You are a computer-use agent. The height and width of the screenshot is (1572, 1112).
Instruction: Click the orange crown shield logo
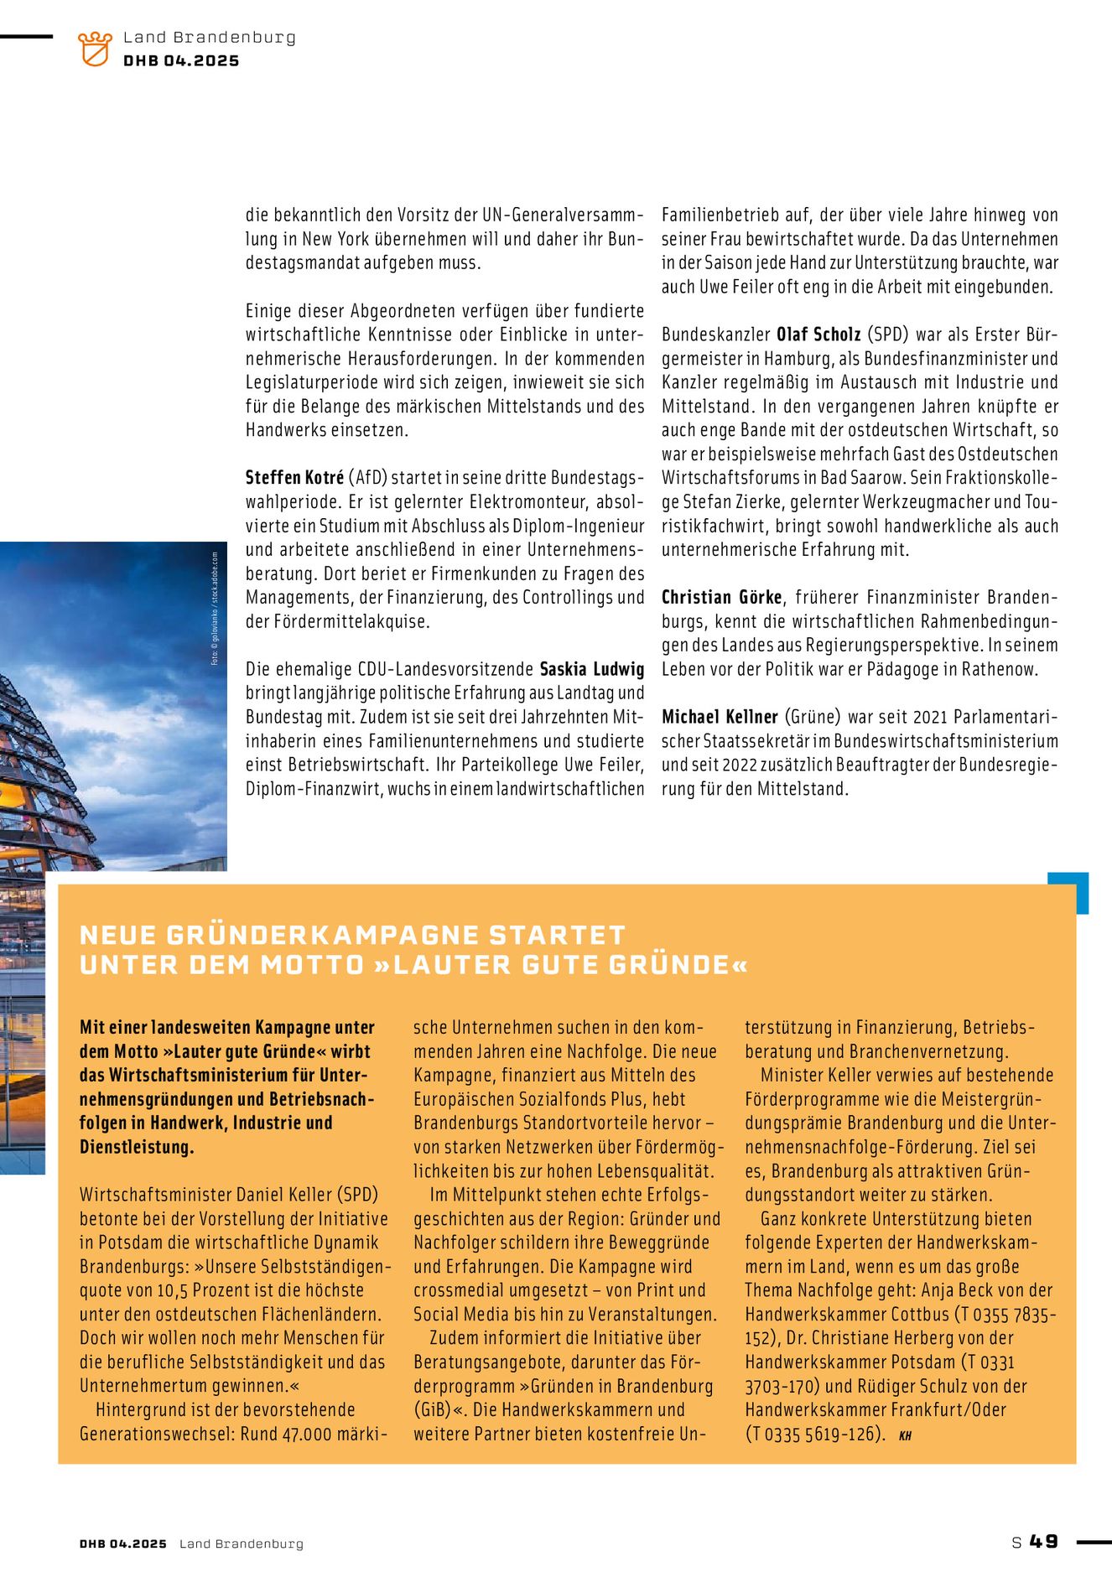click(95, 49)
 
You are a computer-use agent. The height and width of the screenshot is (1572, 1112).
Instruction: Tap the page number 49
click(1044, 1542)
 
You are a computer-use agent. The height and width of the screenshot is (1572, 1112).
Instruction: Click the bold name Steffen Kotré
click(294, 478)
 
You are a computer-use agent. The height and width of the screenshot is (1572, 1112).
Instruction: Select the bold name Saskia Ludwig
click(592, 669)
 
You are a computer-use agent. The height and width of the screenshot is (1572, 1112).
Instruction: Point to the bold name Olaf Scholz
click(818, 335)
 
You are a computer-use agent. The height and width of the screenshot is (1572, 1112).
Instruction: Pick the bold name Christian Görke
click(722, 598)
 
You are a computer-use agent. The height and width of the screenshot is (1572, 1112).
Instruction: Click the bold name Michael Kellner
click(720, 717)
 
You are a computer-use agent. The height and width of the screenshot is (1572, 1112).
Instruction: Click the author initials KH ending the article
click(905, 1435)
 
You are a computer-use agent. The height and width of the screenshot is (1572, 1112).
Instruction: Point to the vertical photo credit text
click(215, 608)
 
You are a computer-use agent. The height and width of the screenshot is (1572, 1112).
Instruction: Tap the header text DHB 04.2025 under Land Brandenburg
click(181, 61)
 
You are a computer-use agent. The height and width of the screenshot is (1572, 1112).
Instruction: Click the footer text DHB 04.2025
click(123, 1543)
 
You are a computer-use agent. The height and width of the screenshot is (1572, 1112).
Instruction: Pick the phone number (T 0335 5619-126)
click(814, 1434)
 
